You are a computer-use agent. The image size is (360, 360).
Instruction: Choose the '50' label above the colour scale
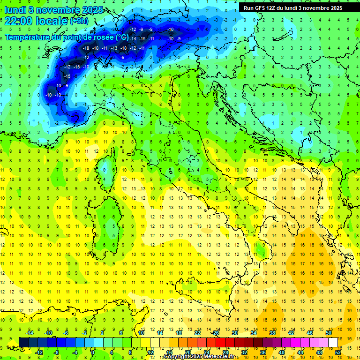pyautogui.click(x=328, y=333)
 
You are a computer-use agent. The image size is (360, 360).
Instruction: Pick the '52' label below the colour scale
pyautogui.click(x=338, y=352)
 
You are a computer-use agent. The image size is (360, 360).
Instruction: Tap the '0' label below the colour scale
pyautogui.click(x=93, y=352)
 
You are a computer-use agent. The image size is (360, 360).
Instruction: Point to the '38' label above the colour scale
pyautogui.click(x=272, y=333)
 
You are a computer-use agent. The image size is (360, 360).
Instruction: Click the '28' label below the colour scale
pyautogui.click(x=225, y=352)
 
